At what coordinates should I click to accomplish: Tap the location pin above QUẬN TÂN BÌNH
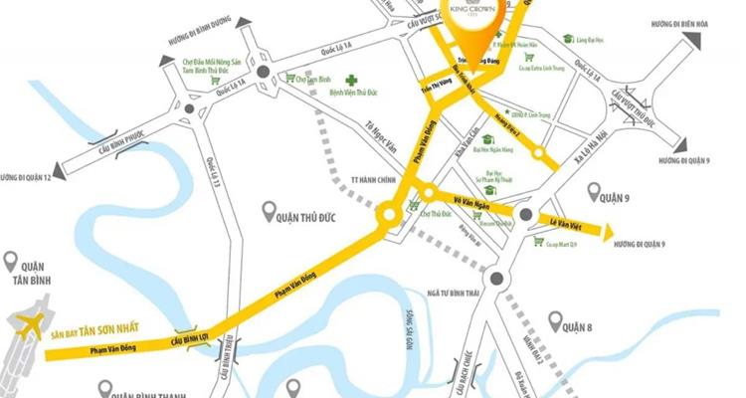coord(11,262)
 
